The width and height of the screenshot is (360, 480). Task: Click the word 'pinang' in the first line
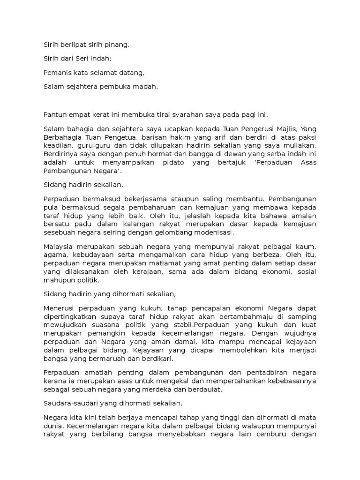[117, 45]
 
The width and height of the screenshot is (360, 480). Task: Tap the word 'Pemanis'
[56, 73]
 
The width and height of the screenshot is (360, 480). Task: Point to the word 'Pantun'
[55, 114]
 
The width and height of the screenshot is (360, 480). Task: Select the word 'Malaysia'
[58, 247]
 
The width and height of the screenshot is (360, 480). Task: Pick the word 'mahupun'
[57, 280]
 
